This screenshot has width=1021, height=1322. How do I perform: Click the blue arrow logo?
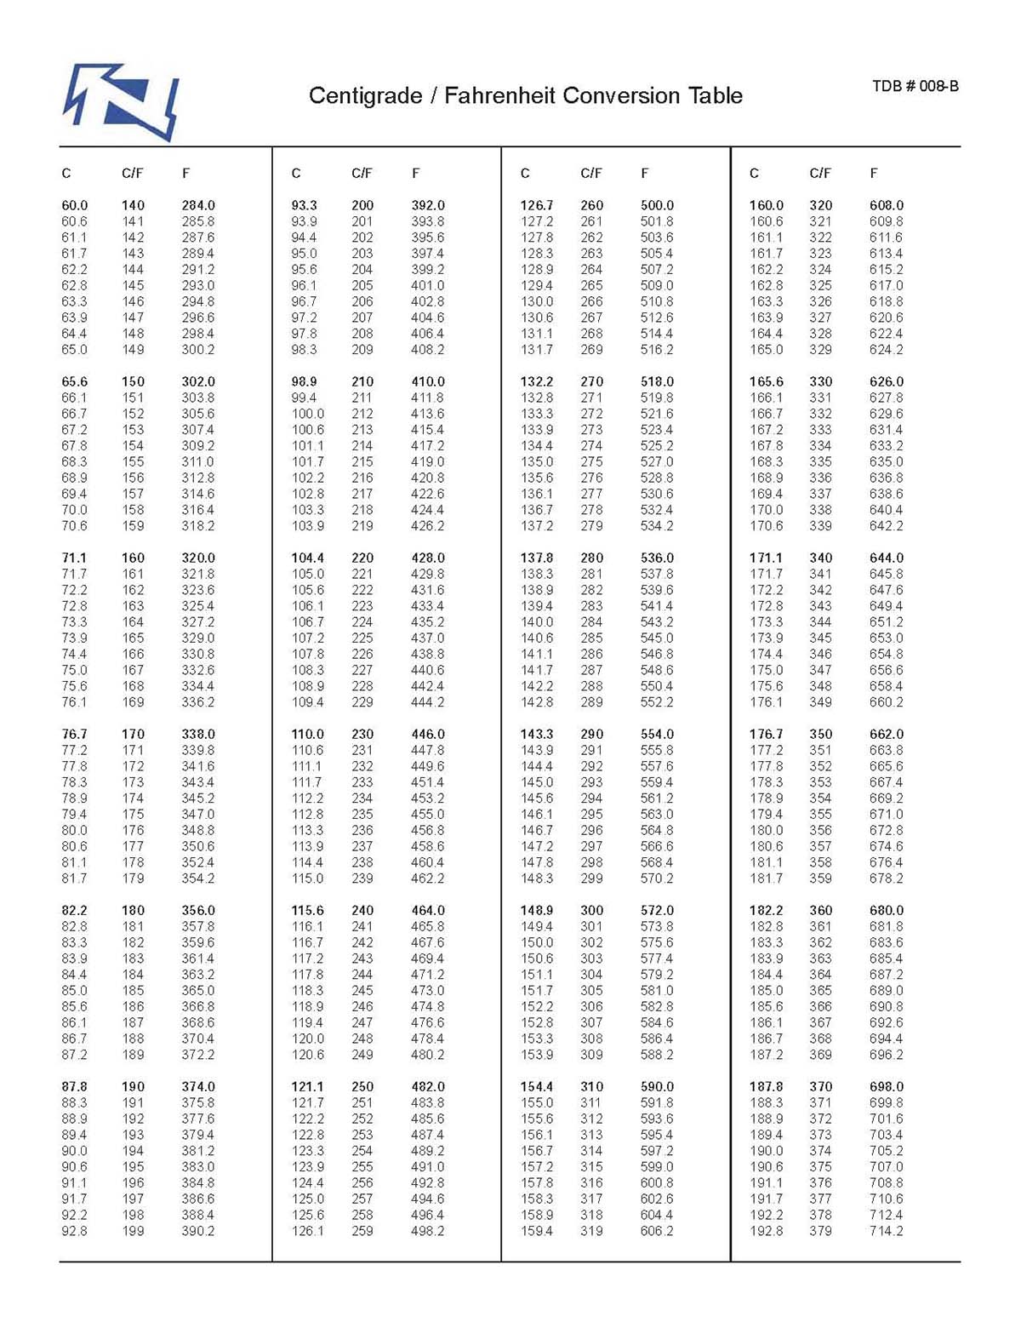coord(121,100)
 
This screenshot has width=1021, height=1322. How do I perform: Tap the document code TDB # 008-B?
coord(915,86)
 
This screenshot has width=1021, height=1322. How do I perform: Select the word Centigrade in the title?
coord(365,95)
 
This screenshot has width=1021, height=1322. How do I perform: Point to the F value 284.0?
coord(198,205)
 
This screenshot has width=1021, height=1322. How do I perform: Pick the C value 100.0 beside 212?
coord(307,414)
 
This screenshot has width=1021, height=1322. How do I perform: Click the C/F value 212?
coord(362,414)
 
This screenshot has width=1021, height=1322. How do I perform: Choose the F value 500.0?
coord(657,205)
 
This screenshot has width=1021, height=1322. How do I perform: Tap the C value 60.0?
coord(75,205)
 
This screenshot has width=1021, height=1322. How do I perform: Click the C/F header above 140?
coord(133,173)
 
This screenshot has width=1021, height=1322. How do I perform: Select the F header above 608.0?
coord(874,173)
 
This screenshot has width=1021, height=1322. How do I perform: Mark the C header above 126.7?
coord(525,173)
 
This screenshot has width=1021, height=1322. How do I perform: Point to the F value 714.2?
coord(887,1231)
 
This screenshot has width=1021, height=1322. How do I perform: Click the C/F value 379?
coord(821,1231)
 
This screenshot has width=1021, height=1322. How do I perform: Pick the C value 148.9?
coord(537,910)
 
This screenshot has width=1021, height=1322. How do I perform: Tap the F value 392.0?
coord(428,205)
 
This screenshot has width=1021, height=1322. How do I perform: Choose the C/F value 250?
coord(362,1086)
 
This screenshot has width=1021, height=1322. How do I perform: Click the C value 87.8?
coord(75,1086)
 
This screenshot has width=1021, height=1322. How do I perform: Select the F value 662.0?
coord(887,734)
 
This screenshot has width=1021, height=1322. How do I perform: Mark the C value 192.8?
coord(766,1231)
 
